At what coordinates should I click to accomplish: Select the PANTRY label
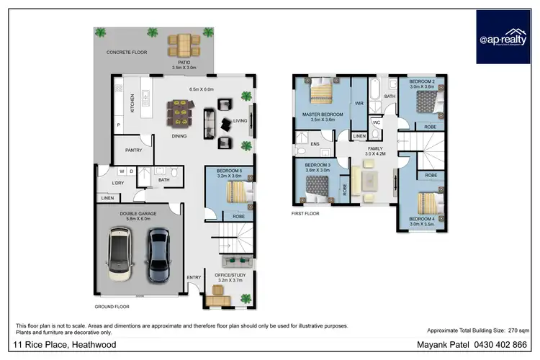[x=133, y=150]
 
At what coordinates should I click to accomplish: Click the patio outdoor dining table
[x=184, y=45]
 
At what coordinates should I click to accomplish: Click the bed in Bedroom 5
[x=237, y=192]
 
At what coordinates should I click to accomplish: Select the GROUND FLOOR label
[x=112, y=307]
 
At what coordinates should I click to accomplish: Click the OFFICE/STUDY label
[x=230, y=275]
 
